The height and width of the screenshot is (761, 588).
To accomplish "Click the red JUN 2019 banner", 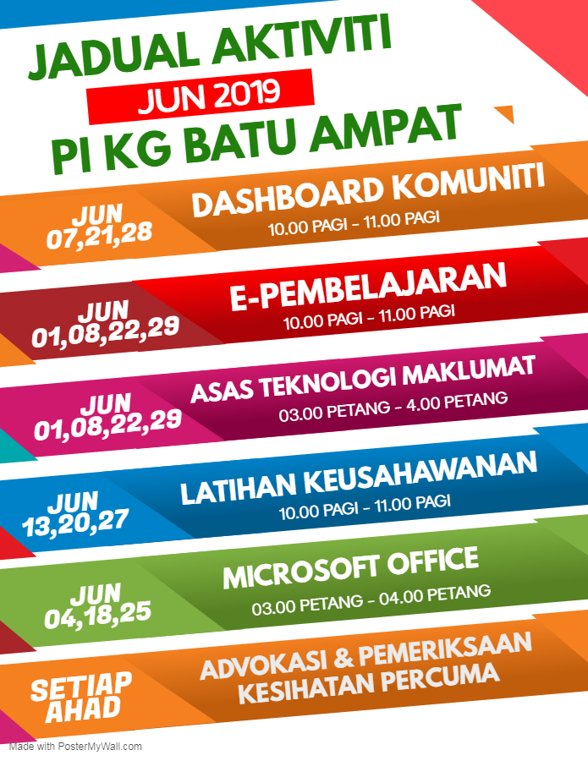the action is (x=201, y=96).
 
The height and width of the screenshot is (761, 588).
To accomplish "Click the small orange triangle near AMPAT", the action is (x=506, y=113).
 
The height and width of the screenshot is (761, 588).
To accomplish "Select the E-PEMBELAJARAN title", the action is (x=368, y=286).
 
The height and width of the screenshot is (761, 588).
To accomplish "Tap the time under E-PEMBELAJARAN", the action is (x=369, y=317).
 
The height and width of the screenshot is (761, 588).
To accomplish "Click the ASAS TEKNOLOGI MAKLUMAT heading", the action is (x=363, y=380).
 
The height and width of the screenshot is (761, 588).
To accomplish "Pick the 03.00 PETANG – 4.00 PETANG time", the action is (x=393, y=407).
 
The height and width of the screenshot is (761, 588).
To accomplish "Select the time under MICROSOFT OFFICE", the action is (x=371, y=599).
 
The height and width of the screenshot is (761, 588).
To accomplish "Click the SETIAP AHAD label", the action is (x=80, y=697).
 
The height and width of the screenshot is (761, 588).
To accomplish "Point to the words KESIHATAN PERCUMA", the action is (x=369, y=683).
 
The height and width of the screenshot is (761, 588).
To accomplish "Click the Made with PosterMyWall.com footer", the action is (x=75, y=747).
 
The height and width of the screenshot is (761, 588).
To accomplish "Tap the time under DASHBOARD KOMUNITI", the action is (x=354, y=223).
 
